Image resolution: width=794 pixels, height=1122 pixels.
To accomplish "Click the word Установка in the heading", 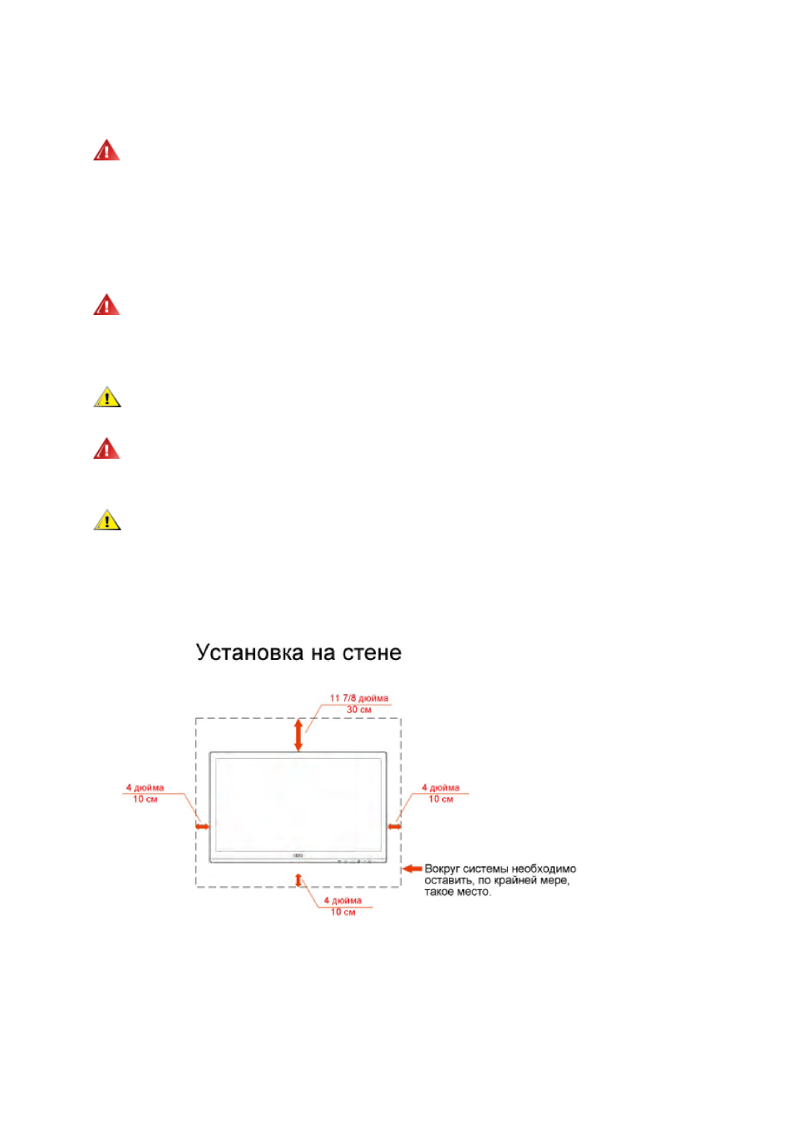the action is [x=249, y=652].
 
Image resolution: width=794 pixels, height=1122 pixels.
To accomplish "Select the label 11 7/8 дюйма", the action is [x=358, y=698].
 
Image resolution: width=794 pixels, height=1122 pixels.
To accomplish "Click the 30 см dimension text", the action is [x=358, y=709].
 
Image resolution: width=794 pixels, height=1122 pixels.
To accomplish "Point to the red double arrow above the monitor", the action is [x=298, y=735].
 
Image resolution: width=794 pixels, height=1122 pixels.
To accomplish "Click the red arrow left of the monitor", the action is [x=202, y=826].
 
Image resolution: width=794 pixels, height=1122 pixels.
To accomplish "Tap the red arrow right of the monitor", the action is [x=394, y=826].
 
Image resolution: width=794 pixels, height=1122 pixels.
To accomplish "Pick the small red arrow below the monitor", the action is [x=298, y=880].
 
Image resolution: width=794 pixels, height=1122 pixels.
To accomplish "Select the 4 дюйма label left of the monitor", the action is [x=145, y=787].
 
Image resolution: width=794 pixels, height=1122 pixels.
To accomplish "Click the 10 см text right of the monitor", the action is [x=441, y=799].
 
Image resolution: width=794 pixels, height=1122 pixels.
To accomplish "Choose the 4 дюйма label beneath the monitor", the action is [x=343, y=900].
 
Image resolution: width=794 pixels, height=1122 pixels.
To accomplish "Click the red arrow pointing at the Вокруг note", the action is [x=412, y=868].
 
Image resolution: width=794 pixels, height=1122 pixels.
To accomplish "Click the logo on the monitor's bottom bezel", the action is [x=298, y=855].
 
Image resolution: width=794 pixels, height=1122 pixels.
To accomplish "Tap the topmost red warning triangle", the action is [x=106, y=150].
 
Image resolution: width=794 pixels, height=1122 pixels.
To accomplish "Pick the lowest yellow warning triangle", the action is [x=107, y=520].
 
